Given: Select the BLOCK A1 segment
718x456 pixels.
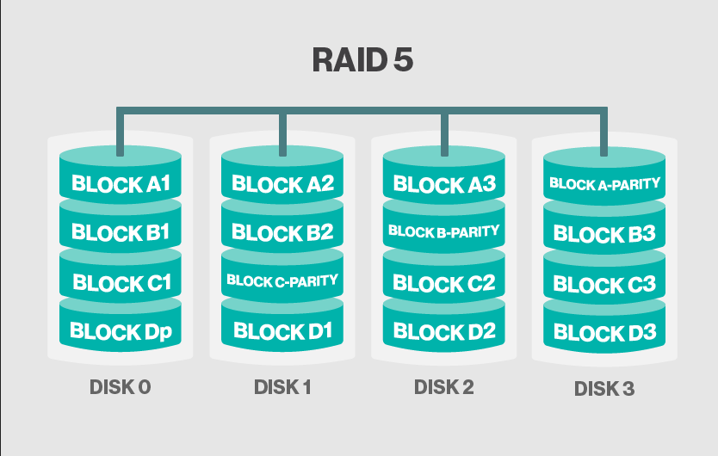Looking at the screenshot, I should pos(121,184).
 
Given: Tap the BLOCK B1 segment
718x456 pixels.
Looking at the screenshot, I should pos(121,232).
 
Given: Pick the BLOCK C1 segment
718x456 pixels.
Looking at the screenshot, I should pos(121,282).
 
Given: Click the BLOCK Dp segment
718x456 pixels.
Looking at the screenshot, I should pos(121,331).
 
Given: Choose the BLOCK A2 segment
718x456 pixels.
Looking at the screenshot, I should pos(282,184).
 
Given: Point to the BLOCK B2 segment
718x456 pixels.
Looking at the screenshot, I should pos(282,232).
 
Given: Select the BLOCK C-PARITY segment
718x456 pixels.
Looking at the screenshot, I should pos(282,280).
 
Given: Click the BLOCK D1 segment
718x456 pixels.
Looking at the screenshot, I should pos(282,331).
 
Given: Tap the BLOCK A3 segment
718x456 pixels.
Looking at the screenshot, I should pos(443,184).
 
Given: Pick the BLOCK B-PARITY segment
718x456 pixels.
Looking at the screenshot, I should pos(443,231).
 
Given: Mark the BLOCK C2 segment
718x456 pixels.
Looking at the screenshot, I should pos(443,283).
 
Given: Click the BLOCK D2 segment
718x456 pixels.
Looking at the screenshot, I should pos(443,331).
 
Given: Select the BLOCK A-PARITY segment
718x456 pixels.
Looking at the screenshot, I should pos(604,183).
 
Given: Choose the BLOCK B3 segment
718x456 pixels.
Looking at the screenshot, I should pos(604,234).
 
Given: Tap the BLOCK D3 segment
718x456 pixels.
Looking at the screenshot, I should pos(604,332).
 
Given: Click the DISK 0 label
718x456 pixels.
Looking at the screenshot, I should pos(121,387).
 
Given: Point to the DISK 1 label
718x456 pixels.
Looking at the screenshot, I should pos(282,387).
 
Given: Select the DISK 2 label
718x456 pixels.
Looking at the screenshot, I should pos(443,387).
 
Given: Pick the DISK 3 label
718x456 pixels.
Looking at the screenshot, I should pos(604,389).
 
